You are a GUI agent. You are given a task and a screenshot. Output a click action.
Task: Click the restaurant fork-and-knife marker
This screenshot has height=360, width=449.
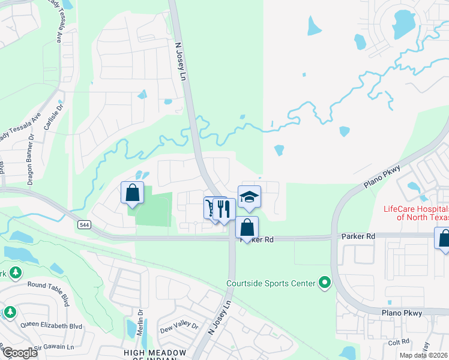pyautogui.click(x=224, y=209)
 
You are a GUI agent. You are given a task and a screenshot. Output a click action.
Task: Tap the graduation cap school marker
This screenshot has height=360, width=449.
pyautogui.click(x=249, y=197)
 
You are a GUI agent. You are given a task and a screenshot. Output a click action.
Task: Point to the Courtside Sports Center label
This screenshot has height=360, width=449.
pyautogui.click(x=271, y=283)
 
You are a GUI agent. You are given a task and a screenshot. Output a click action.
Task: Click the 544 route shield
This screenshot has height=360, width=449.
pyautogui.click(x=83, y=224)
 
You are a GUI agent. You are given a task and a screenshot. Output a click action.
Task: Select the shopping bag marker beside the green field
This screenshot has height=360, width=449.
pyautogui.click(x=133, y=193)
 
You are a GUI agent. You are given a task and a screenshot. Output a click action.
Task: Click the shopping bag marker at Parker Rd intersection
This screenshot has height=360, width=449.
pyautogui.click(x=247, y=228)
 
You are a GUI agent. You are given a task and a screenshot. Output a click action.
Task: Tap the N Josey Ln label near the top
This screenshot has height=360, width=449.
pyautogui.click(x=181, y=60)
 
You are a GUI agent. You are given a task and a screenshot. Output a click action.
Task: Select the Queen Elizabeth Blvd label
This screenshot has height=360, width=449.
pyautogui.click(x=51, y=326)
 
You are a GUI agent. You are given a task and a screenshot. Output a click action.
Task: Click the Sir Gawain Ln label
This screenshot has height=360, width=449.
pyautogui.click(x=54, y=347)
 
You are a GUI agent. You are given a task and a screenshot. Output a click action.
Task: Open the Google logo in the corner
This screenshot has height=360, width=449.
pyautogui.click(x=20, y=353)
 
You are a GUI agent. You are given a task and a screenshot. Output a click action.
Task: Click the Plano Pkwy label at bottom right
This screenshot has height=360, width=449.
pyautogui.click(x=402, y=313)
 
